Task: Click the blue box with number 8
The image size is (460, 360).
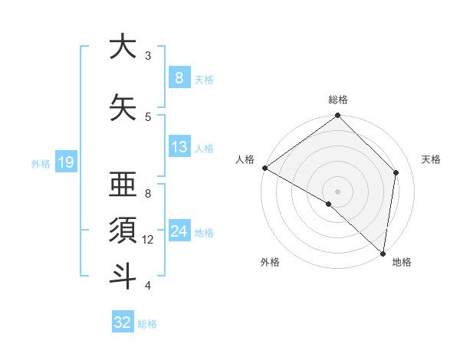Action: point(179,77)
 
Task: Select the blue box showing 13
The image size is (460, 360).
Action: point(179,147)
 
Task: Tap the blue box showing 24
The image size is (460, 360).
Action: point(179,231)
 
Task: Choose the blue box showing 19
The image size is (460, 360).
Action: point(65,162)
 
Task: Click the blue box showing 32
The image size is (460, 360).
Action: point(123,322)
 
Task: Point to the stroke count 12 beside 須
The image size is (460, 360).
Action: point(148,240)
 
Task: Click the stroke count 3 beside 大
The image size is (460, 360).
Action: point(148,56)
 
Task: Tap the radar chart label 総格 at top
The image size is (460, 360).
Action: point(338,100)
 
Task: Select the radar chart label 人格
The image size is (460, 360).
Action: point(245,159)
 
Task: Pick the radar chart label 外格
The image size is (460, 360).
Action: point(270,262)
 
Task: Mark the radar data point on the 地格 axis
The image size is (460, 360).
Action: point(383,253)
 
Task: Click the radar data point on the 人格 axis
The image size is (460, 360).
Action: point(264,168)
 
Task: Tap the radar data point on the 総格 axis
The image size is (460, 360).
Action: point(338,116)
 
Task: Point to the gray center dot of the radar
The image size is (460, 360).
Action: point(338,191)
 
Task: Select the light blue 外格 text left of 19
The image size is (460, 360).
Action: point(40,163)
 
